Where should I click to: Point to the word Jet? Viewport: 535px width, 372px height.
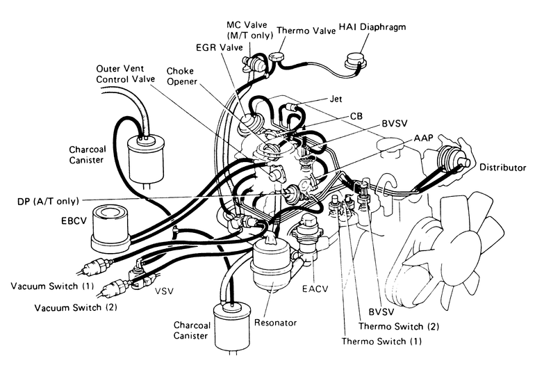[336, 99]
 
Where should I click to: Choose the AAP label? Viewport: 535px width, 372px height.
[424, 138]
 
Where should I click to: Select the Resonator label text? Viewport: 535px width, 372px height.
[276, 323]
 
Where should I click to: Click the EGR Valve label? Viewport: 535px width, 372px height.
[219, 47]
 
